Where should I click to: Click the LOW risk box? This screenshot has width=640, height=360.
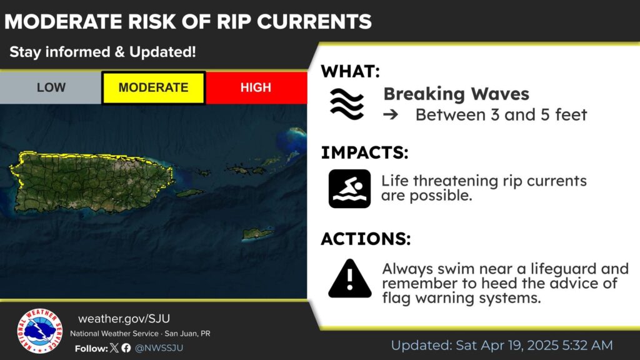(x=51, y=87)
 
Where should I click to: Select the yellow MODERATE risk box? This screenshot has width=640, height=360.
(x=154, y=87)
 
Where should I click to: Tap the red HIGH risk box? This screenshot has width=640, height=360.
(x=256, y=87)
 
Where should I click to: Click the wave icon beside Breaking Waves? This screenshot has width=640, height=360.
(x=346, y=104)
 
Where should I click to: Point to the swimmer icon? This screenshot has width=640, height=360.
(x=350, y=189)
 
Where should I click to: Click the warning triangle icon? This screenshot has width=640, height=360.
(x=350, y=278)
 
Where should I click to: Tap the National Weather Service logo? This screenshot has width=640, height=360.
(x=39, y=331)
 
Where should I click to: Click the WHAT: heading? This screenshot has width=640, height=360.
(x=350, y=71)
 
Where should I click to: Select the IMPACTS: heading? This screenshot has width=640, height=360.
(x=364, y=152)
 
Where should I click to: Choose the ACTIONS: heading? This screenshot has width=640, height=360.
(x=366, y=239)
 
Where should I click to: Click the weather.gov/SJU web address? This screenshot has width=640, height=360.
(x=124, y=319)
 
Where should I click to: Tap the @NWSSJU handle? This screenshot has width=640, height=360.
(x=159, y=348)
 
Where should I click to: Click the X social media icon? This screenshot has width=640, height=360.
(x=114, y=347)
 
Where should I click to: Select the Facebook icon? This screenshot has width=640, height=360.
(x=126, y=347)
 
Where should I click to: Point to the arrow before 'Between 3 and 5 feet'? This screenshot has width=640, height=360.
(x=391, y=115)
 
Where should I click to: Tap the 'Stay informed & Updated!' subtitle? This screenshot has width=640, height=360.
(x=102, y=52)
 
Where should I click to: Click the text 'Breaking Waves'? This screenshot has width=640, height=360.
(x=456, y=94)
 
